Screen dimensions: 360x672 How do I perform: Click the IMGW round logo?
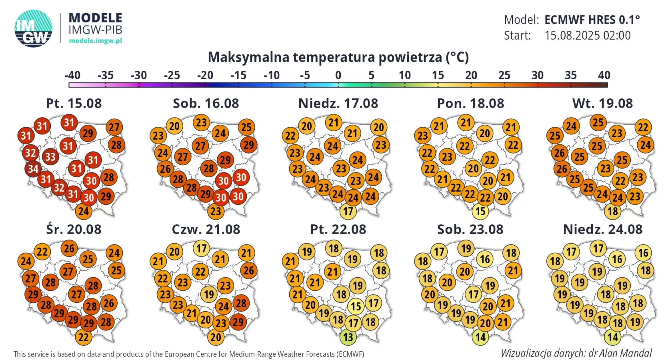coord(34,28)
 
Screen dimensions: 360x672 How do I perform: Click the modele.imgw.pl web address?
coord(95,40)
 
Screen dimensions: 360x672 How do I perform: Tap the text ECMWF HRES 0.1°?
coord(592,20)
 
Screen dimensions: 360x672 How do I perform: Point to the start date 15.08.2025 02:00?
coord(587,36)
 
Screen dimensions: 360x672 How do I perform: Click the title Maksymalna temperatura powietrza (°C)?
coord(338,57)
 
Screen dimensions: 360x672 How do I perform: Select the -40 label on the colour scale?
coord(72,75)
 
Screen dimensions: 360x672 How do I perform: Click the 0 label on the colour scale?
coord(338,75)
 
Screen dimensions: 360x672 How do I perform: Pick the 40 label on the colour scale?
coord(604,75)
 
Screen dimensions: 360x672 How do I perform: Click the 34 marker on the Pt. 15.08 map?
coord(33,169)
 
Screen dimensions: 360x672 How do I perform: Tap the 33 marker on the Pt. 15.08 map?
coord(50,156)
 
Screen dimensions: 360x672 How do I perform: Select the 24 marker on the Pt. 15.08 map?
coord(83,211)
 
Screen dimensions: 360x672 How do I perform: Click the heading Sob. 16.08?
coord(206,104)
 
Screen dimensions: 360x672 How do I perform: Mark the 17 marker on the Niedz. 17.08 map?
coord(348,211)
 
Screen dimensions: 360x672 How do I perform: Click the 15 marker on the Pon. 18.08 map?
coord(480,211)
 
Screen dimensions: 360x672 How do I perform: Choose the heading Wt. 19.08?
coord(602,104)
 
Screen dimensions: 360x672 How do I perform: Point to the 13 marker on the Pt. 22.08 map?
coord(348,337)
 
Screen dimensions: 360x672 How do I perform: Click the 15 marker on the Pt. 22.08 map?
coord(356,306)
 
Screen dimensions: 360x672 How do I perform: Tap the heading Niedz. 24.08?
coord(602,230)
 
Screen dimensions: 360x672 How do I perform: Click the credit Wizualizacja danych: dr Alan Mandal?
coord(576,353)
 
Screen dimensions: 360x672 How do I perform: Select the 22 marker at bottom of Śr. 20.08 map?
coord(83,337)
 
